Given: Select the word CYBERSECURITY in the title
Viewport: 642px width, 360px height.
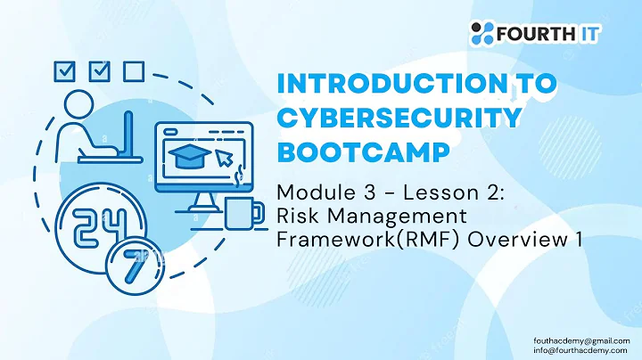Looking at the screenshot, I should point(398,118).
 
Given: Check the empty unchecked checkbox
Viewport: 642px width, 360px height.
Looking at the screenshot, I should point(132,70).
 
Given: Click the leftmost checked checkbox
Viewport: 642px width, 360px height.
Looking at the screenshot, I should point(65,70).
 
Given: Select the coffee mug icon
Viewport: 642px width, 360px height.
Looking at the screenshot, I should point(243,215).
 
